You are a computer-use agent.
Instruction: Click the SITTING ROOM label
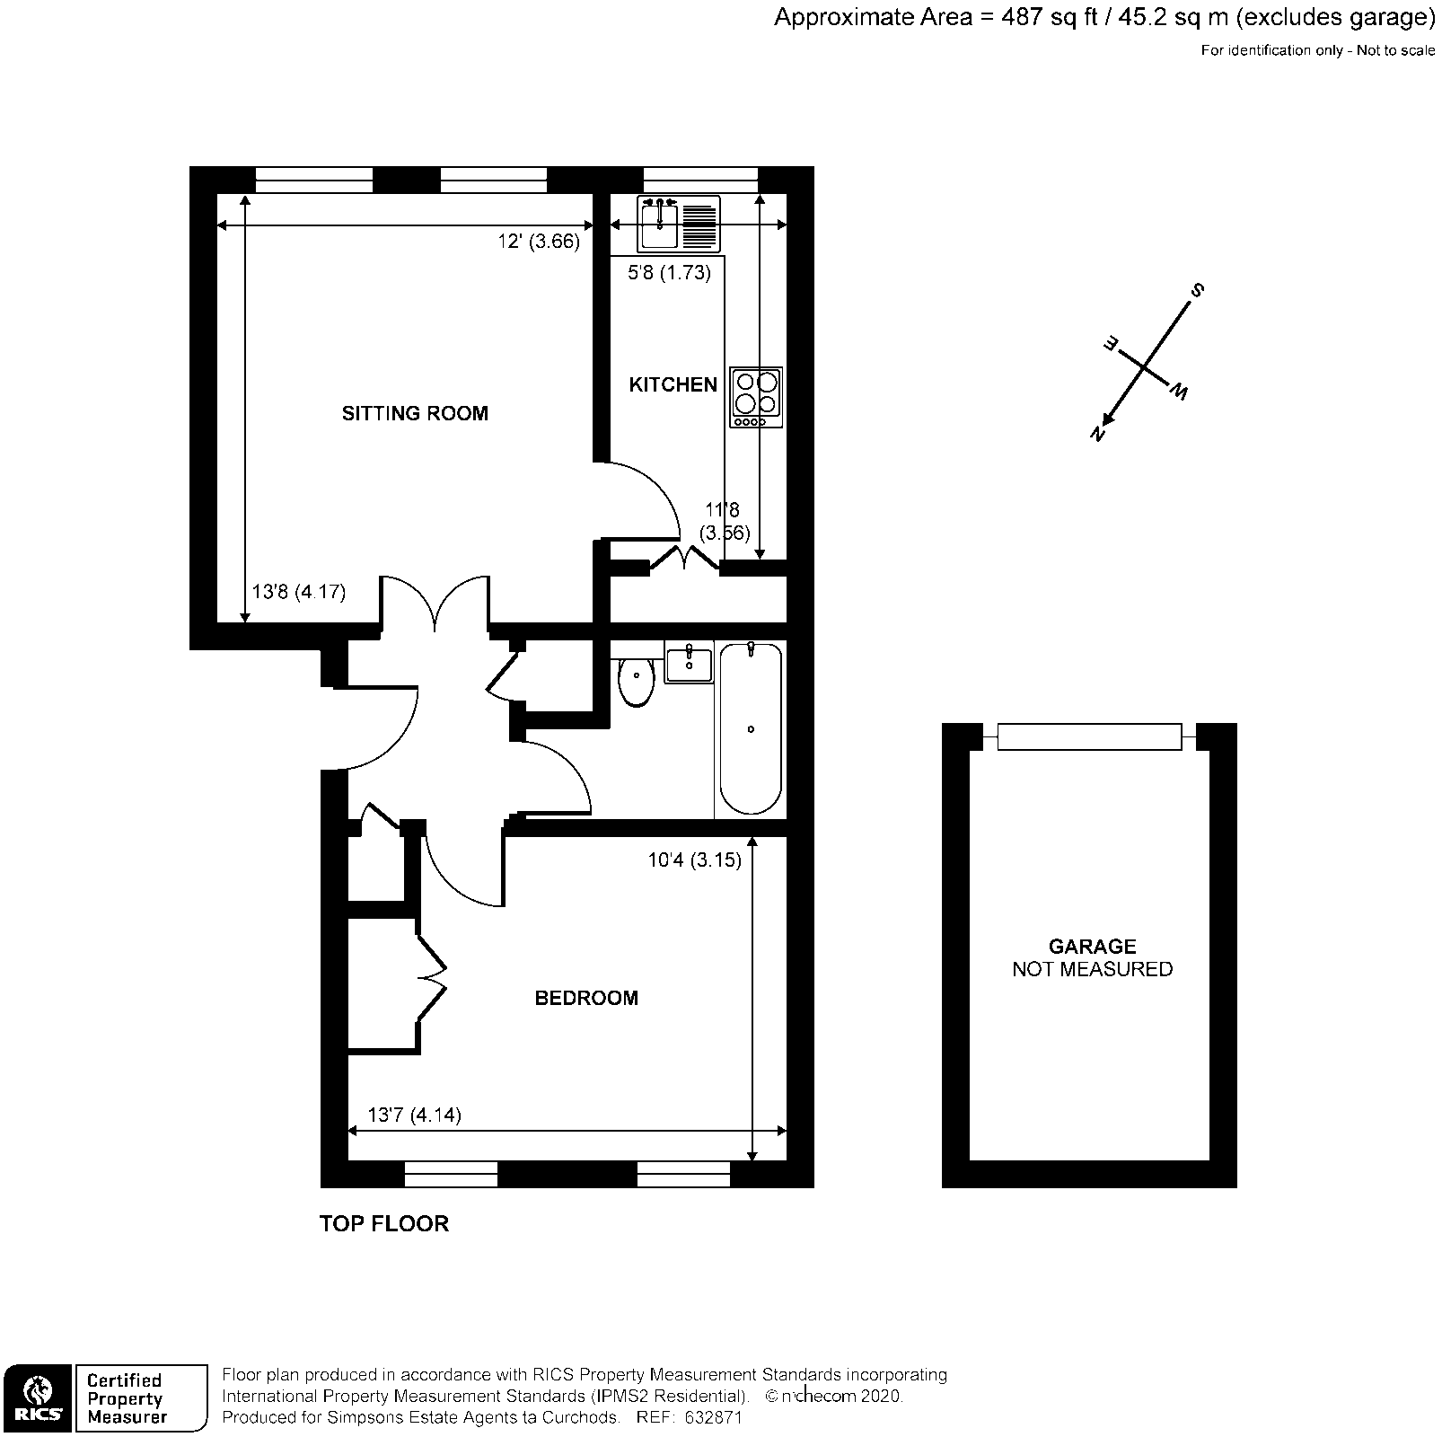coord(415,413)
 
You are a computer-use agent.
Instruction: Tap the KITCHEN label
coord(673,384)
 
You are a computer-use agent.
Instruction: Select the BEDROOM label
coord(586,998)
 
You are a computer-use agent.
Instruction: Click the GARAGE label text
coord(1092,946)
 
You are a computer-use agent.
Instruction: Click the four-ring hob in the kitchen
coord(755,397)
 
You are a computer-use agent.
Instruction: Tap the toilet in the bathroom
coord(636,682)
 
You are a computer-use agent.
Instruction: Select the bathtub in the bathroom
coord(750,728)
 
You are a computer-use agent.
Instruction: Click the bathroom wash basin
coord(689,665)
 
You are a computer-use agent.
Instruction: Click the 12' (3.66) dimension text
coord(539,242)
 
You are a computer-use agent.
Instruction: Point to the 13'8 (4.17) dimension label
coord(298,592)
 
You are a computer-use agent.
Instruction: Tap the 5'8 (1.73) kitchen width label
coord(669,273)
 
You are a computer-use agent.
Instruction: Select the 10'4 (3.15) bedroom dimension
coord(694,860)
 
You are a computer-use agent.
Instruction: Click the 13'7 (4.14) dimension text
coord(414,1115)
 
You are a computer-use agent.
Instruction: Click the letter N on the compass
coord(1097,433)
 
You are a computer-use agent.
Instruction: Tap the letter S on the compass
coord(1196,290)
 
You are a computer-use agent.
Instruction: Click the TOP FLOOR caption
coord(383,1223)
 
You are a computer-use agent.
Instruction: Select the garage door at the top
coord(1088,736)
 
